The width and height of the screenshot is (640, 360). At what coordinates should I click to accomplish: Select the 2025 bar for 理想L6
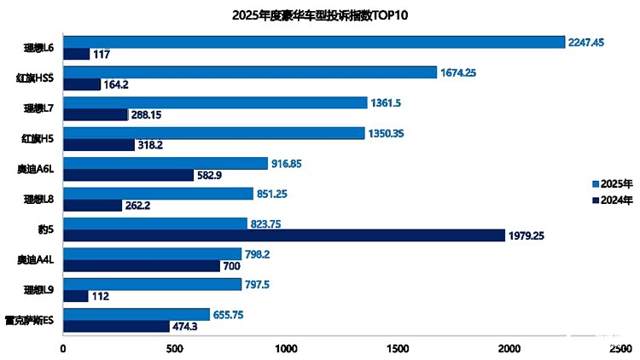[314, 42]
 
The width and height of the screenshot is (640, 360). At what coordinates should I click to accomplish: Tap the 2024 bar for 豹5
[284, 235]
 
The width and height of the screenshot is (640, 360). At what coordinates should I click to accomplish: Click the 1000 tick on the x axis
[287, 348]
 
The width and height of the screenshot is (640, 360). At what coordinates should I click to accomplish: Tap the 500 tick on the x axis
[175, 348]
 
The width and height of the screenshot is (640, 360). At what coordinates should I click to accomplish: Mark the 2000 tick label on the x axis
[509, 348]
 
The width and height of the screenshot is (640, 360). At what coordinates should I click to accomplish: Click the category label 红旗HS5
[36, 78]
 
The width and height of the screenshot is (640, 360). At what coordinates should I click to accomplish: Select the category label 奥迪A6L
[36, 169]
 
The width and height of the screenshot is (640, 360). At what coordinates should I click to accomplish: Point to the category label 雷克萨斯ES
[32, 320]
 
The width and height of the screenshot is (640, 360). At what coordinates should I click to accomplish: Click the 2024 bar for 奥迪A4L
[142, 266]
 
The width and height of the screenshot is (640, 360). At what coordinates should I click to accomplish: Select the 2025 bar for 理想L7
[215, 102]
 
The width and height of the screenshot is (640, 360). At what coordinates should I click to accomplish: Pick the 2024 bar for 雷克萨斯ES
[116, 326]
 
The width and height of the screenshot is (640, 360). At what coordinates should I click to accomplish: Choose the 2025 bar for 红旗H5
[214, 132]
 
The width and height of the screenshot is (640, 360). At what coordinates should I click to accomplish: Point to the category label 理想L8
[38, 199]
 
